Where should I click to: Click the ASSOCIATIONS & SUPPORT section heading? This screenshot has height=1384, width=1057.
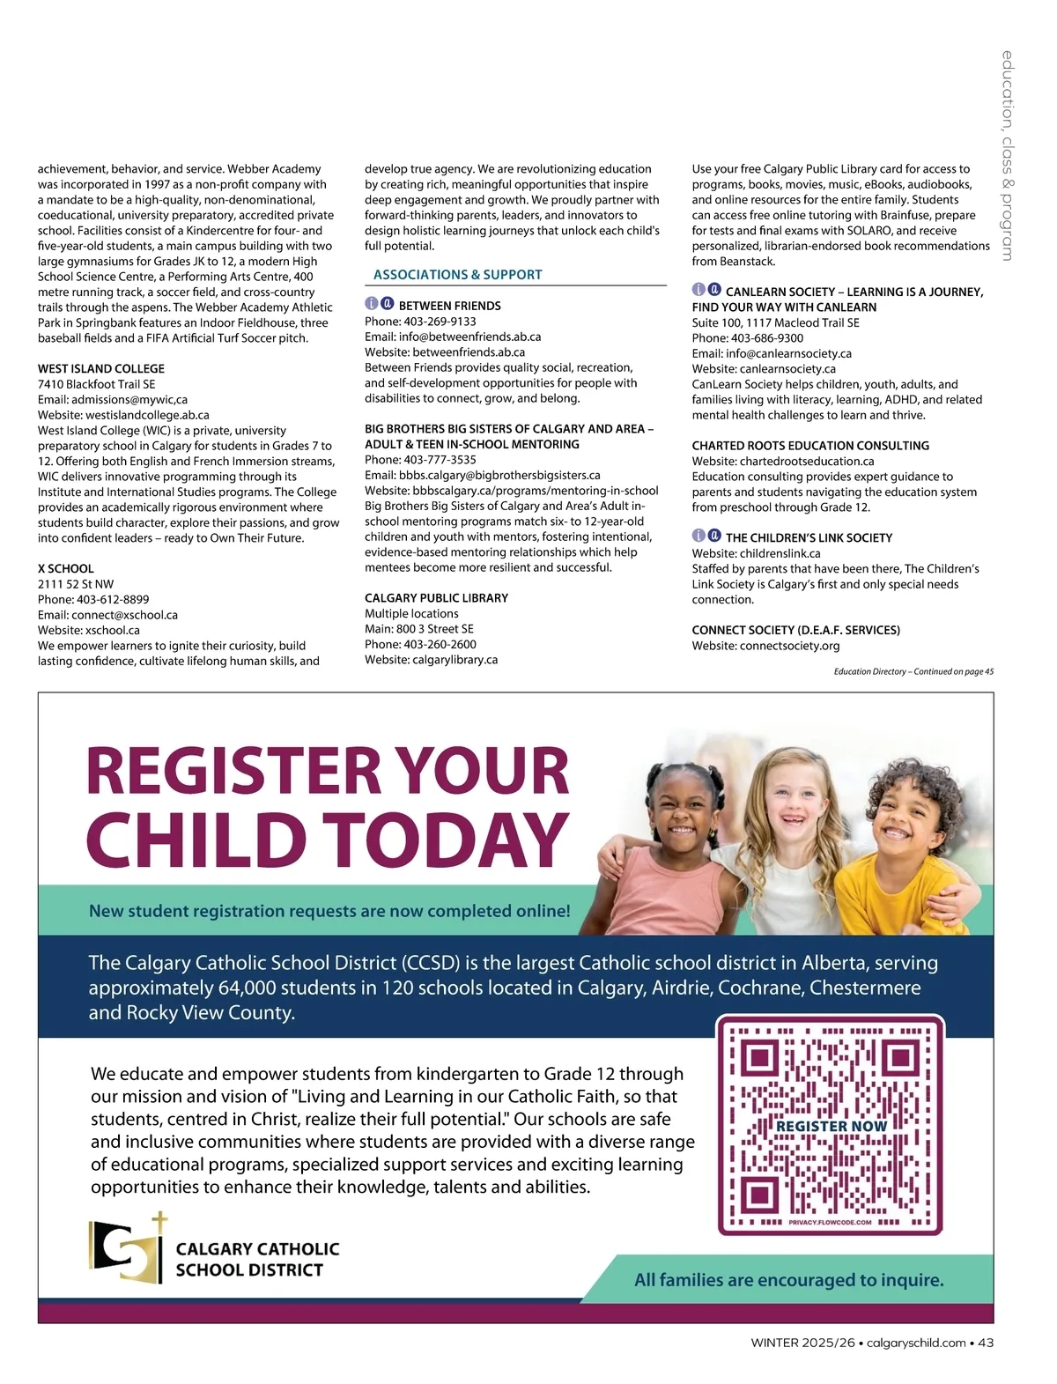[457, 275]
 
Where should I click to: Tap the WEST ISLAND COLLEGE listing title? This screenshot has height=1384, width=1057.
[101, 368]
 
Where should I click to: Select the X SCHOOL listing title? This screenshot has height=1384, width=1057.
[66, 568]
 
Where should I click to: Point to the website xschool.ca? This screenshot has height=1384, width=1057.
[113, 630]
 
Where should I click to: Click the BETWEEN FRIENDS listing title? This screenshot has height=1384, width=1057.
[449, 306]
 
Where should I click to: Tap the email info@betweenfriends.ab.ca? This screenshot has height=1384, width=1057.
[469, 337]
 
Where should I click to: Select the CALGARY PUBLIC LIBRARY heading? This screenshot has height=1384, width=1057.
[436, 597]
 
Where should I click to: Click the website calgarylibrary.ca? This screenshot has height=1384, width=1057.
[455, 659]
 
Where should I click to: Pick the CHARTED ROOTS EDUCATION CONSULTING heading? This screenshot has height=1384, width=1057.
[810, 446]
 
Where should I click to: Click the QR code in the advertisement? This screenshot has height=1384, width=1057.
[830, 1126]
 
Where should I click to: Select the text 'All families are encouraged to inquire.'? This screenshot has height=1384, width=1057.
[788, 1280]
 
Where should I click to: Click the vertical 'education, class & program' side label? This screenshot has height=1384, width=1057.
[1007, 155]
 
